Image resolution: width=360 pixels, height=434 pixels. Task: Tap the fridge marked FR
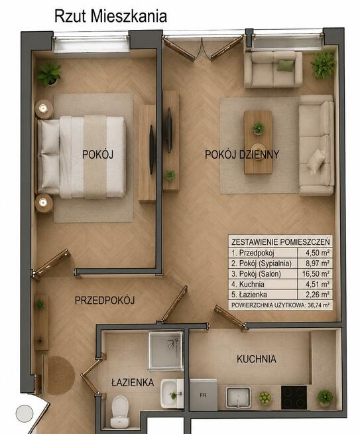coord(204,395)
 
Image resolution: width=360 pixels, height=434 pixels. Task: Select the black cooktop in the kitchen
coord(294,398)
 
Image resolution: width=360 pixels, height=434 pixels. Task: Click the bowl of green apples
coord(265,398)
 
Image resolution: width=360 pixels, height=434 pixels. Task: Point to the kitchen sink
coord(238,398)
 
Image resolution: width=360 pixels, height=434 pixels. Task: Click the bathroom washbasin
coord(172,394)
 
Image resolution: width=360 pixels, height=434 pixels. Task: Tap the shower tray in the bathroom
coord(166,350)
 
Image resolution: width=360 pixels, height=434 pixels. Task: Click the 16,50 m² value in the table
coord(316,274)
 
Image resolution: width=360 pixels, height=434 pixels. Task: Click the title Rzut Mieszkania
coord(111,17)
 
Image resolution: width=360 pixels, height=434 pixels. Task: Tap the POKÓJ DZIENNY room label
coord(242,155)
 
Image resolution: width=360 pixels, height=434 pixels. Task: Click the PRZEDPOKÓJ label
coord(105,301)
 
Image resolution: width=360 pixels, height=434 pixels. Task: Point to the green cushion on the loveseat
coord(285,66)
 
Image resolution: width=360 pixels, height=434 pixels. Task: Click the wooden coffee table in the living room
coord(259,142)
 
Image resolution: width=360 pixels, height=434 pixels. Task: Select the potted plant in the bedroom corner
coord(49,74)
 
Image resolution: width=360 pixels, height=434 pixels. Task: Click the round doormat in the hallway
coord(60,375)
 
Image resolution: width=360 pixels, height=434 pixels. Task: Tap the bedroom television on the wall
coord(152,149)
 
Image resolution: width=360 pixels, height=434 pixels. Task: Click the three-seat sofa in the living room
coord(316,145)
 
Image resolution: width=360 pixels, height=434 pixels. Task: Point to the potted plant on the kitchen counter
coord(325,398)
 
